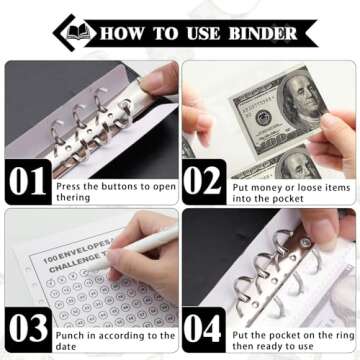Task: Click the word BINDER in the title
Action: click(x=259, y=33)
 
